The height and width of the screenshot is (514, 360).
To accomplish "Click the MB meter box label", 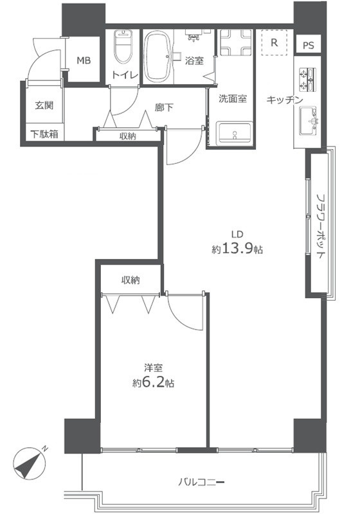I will [x=84, y=61].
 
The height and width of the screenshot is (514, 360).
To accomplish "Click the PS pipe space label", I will [x=309, y=46].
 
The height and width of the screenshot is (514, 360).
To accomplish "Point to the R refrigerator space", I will [x=274, y=44].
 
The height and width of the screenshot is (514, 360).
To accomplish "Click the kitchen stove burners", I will [x=307, y=80].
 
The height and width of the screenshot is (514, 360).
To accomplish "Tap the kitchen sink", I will [x=309, y=120].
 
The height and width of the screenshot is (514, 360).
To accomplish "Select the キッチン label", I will [x=285, y=100].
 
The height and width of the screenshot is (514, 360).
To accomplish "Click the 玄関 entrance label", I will [x=44, y=105].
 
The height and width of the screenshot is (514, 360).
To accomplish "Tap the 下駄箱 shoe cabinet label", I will [x=44, y=134].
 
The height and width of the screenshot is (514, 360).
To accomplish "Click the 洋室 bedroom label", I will [x=152, y=368].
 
